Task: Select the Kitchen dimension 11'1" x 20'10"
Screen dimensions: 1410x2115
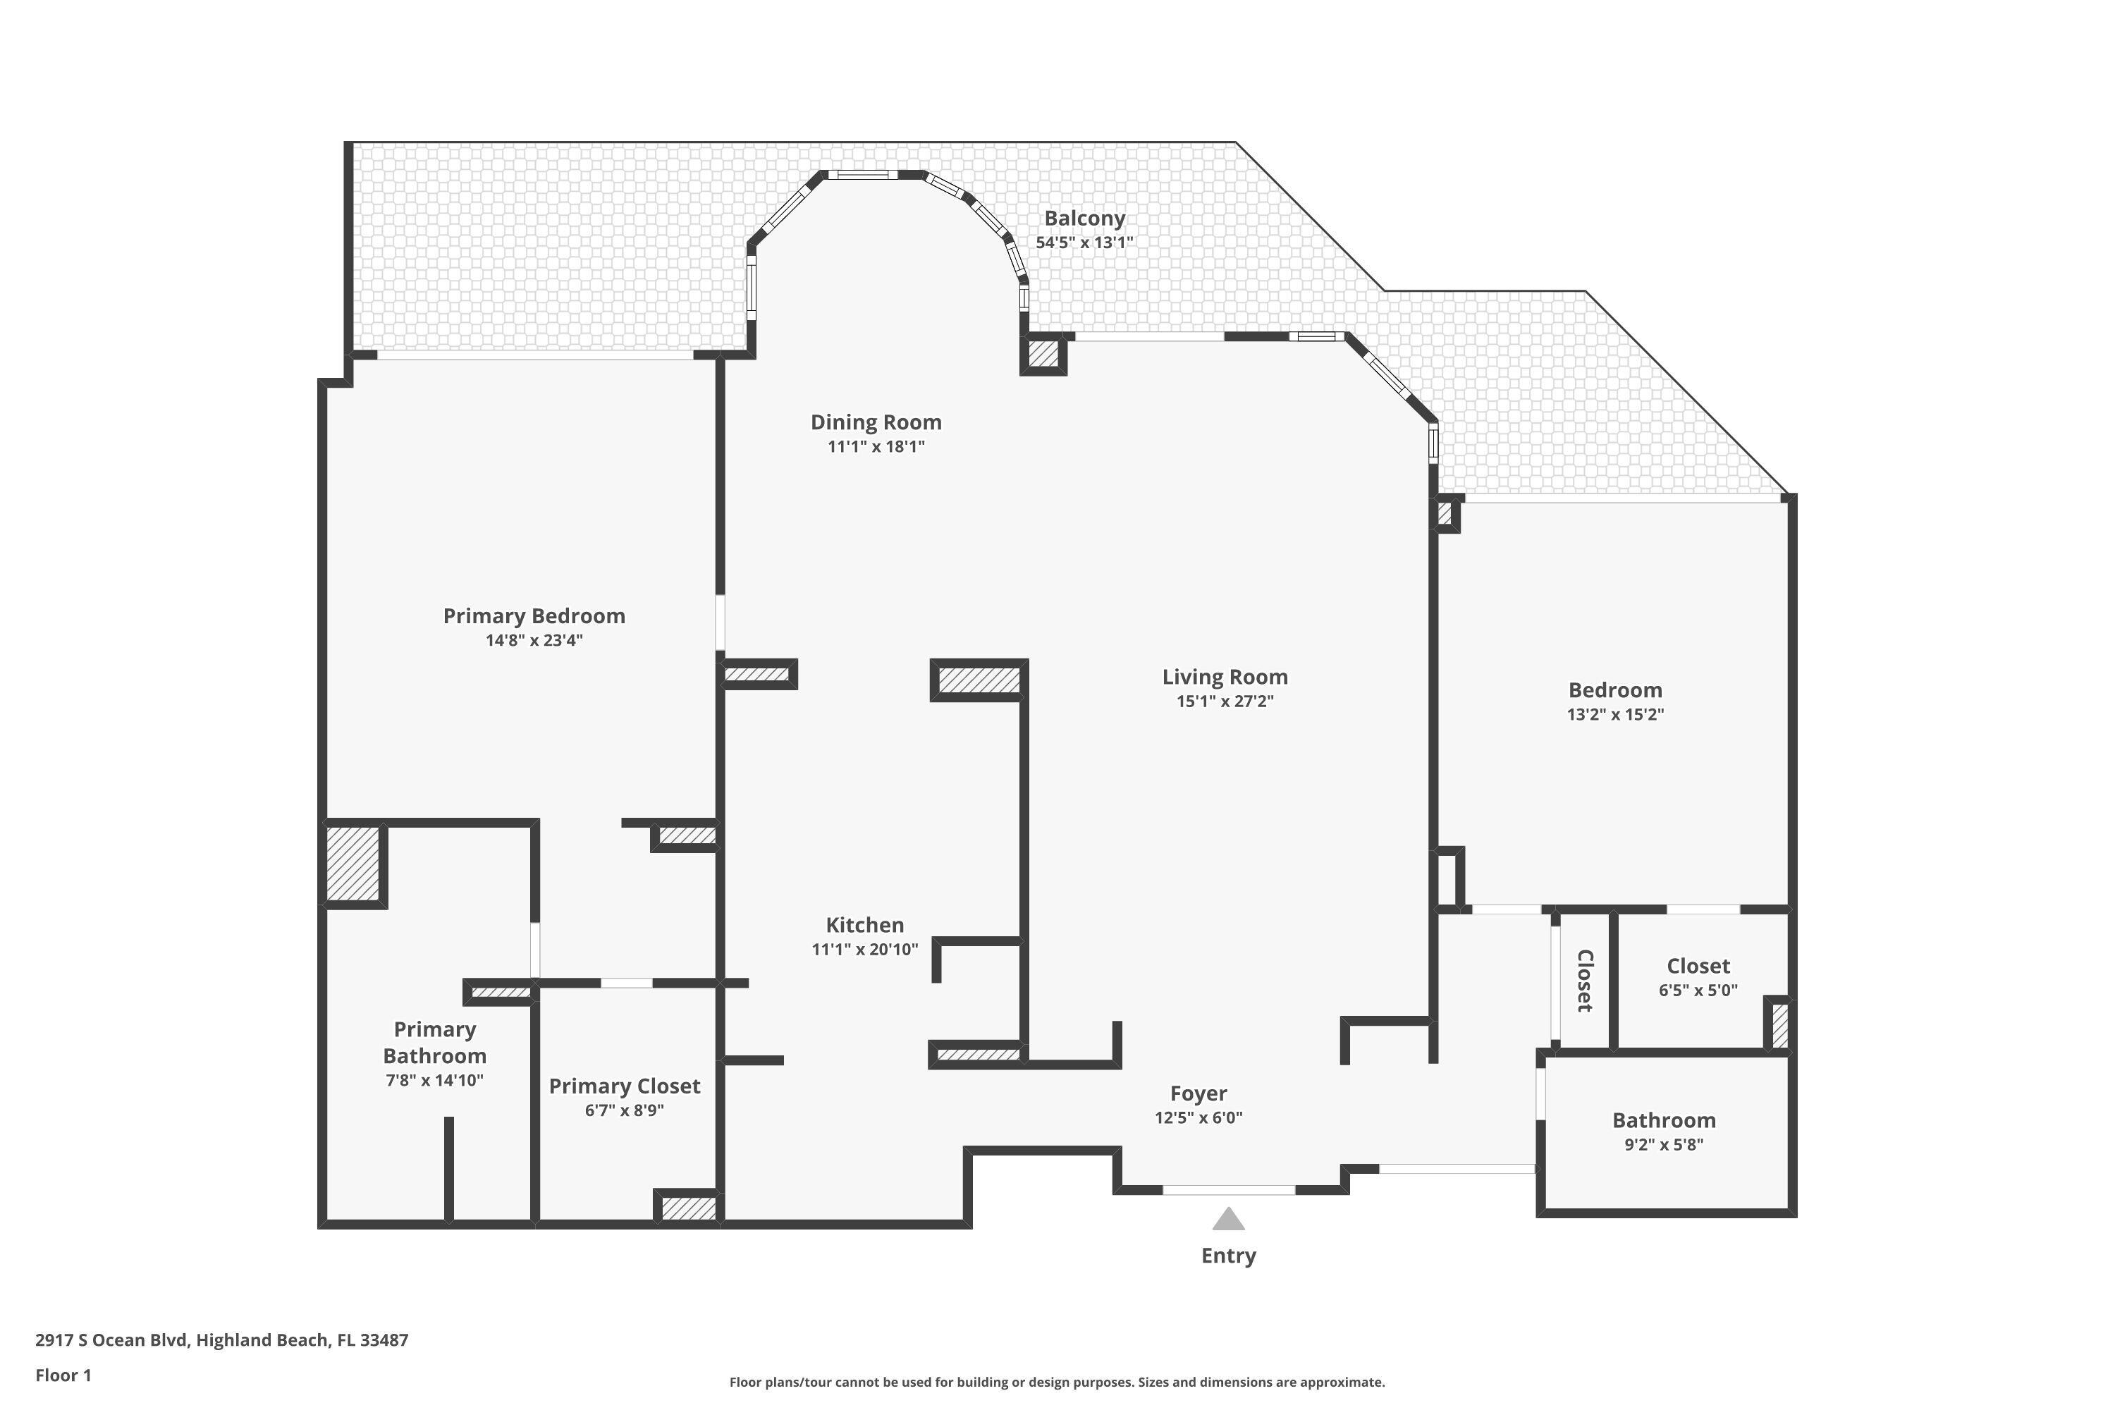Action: click(864, 950)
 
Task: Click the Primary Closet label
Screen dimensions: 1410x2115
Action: click(624, 1086)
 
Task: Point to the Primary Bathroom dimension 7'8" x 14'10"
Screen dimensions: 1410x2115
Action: click(434, 1081)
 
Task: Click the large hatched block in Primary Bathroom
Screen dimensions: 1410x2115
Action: click(352, 863)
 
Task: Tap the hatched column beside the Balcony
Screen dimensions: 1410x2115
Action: click(1043, 355)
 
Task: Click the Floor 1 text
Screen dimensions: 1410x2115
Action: click(63, 1375)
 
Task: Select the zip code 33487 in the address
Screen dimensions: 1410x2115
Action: click(384, 1340)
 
